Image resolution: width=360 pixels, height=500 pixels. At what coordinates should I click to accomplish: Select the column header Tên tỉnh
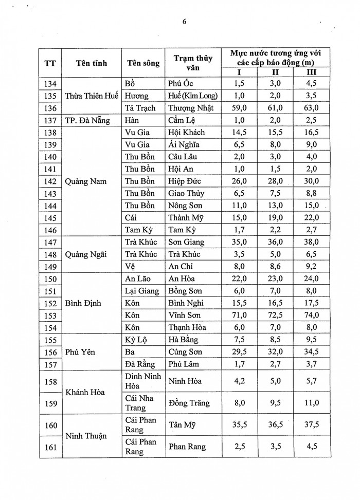tap(91, 63)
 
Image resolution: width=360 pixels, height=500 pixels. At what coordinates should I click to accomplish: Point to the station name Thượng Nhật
tap(190, 108)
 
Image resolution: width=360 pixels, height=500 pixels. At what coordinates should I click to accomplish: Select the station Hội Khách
tap(187, 133)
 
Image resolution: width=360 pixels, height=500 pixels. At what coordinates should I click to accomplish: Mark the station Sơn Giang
tap(187, 242)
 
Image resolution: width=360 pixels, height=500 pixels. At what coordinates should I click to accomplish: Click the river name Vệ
tap(131, 266)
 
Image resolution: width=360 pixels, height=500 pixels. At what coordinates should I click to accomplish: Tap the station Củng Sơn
tap(185, 351)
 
